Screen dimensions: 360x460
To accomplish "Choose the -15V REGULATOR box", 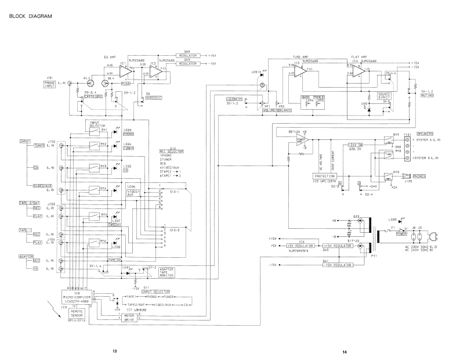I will tap(336, 264).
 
